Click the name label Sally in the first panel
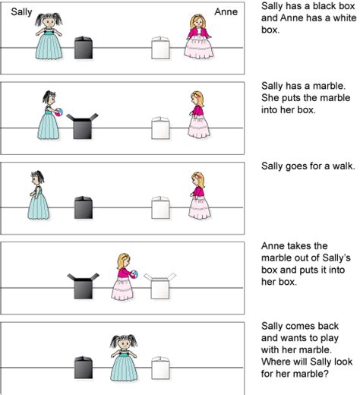tap(21, 12)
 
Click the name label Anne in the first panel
tap(226, 12)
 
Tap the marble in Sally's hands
tap(59, 112)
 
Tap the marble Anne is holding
tap(134, 274)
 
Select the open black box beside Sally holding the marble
tap(82, 127)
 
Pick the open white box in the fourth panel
tap(159, 286)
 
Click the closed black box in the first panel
tap(84, 48)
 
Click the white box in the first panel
tap(160, 48)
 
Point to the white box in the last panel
tap(160, 368)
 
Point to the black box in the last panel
tap(84, 368)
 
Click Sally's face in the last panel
tap(124, 344)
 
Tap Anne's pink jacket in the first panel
tap(199, 33)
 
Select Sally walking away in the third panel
tap(38, 195)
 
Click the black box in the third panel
tap(84, 207)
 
